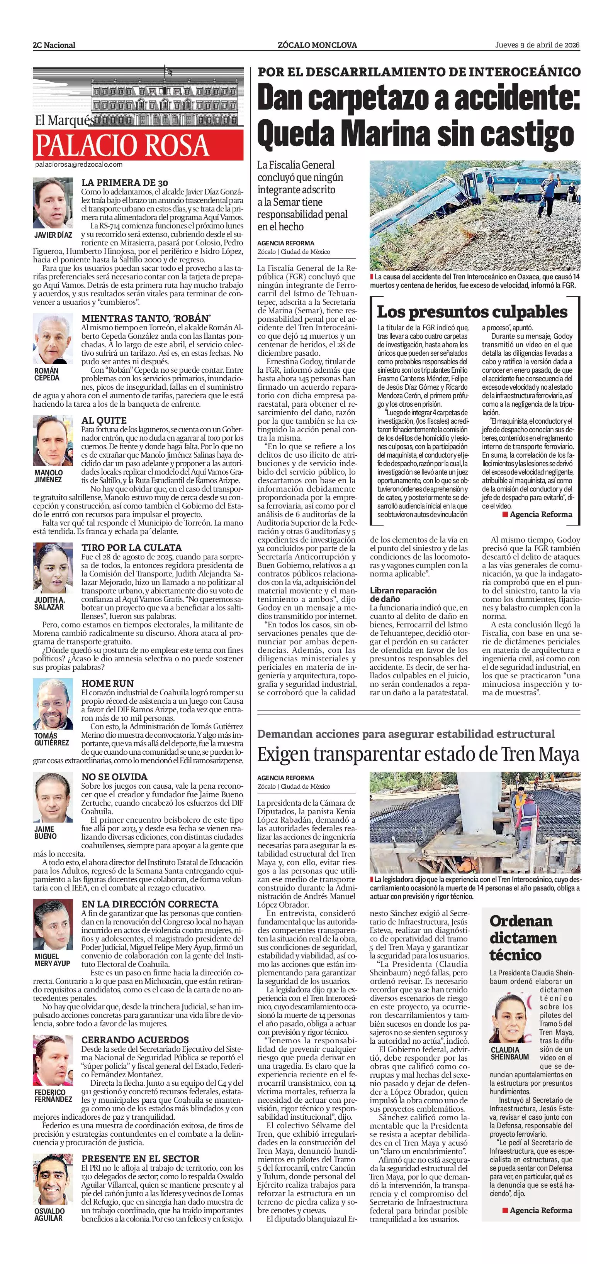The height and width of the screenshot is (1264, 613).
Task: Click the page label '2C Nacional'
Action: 54,45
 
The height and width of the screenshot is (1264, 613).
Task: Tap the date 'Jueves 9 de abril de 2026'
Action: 537,45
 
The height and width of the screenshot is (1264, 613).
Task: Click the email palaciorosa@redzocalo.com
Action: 78,165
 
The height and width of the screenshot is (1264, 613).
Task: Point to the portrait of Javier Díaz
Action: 53,203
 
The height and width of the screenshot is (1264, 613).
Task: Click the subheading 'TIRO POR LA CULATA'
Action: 131,547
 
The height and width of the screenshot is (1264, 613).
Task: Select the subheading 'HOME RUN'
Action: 107,683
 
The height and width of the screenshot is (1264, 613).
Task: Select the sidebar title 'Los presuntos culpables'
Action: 472,312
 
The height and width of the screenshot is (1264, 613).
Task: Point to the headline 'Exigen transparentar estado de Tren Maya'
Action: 418,754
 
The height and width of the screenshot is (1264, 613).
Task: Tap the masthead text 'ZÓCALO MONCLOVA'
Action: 317,45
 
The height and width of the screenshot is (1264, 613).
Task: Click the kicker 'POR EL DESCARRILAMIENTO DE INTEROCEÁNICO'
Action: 419,72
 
